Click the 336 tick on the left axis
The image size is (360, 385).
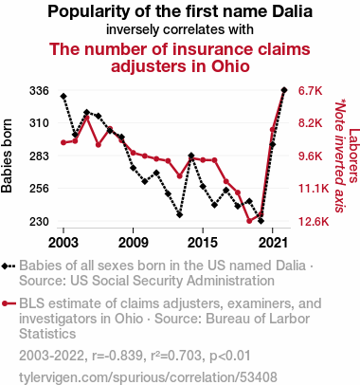pos(39,91)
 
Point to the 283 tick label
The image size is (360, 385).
pos(39,156)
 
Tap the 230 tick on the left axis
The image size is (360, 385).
pos(39,221)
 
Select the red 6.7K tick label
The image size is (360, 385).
pos(311,91)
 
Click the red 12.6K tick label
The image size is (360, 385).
pos(314,221)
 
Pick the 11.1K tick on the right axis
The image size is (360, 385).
pos(314,189)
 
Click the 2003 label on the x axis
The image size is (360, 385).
pos(63,243)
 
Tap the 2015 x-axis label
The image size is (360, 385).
pos(203,243)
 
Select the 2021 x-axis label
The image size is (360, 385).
pos(272,243)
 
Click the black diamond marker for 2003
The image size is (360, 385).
pos(63,96)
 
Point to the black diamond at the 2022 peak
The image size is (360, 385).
pos(284,90)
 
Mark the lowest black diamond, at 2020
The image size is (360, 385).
pos(261,221)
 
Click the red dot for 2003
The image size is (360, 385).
pos(63,142)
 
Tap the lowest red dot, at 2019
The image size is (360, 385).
pos(249,221)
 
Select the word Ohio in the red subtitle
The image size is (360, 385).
pos(230,66)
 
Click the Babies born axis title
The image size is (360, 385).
pos(7,156)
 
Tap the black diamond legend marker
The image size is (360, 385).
pos(9,266)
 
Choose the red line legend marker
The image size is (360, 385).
pos(9,303)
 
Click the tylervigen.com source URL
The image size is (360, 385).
pos(148,376)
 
